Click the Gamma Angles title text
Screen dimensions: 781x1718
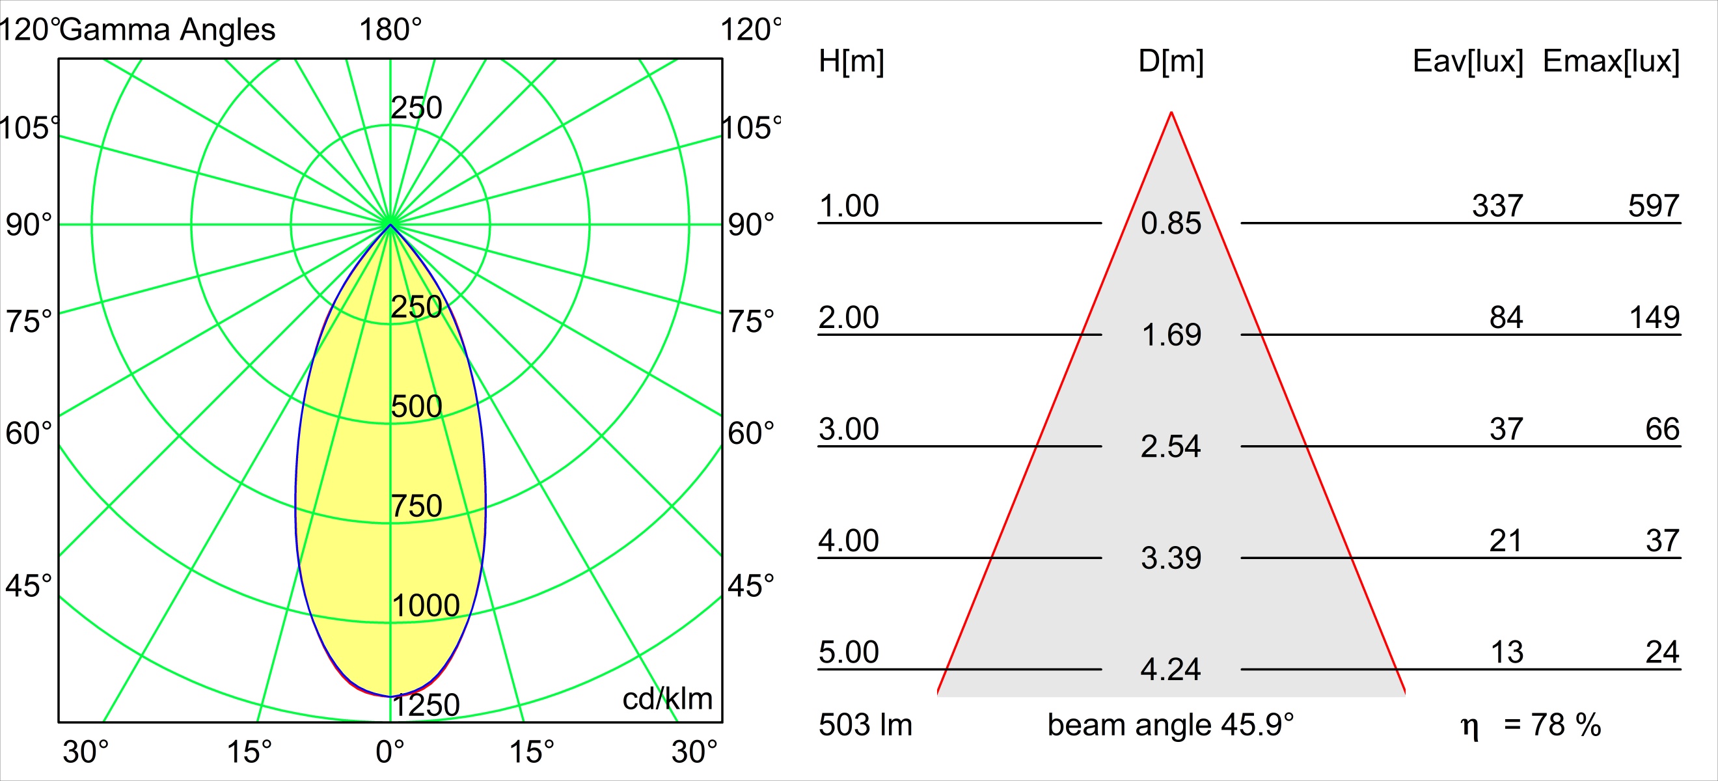pyautogui.click(x=167, y=30)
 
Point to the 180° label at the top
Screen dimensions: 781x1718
pyautogui.click(x=391, y=30)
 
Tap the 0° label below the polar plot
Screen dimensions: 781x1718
pyautogui.click(x=390, y=752)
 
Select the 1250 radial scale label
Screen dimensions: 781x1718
pyautogui.click(x=426, y=705)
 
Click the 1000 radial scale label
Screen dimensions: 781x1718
pyautogui.click(x=426, y=605)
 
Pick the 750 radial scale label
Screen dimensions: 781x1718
pyautogui.click(x=417, y=506)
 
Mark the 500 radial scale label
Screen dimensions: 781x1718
pyautogui.click(x=417, y=406)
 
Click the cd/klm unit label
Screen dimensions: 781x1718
pyautogui.click(x=668, y=699)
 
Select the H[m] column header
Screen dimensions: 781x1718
pyautogui.click(x=851, y=61)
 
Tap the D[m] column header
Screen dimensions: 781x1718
pyautogui.click(x=1171, y=61)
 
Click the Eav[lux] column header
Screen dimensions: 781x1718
pyautogui.click(x=1468, y=61)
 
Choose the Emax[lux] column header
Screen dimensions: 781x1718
pyautogui.click(x=1611, y=61)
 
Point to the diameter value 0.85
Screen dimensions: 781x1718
pyautogui.click(x=1171, y=223)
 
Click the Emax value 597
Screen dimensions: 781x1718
pyautogui.click(x=1654, y=206)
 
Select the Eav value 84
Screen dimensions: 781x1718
pyautogui.click(x=1506, y=318)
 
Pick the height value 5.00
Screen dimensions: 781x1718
pyautogui.click(x=849, y=652)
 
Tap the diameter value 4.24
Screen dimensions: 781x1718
pyautogui.click(x=1171, y=670)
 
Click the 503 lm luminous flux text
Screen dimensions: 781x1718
pyautogui.click(x=866, y=725)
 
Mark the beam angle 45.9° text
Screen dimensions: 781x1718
pyautogui.click(x=1171, y=725)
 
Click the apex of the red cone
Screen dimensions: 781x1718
pyautogui.click(x=1171, y=112)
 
